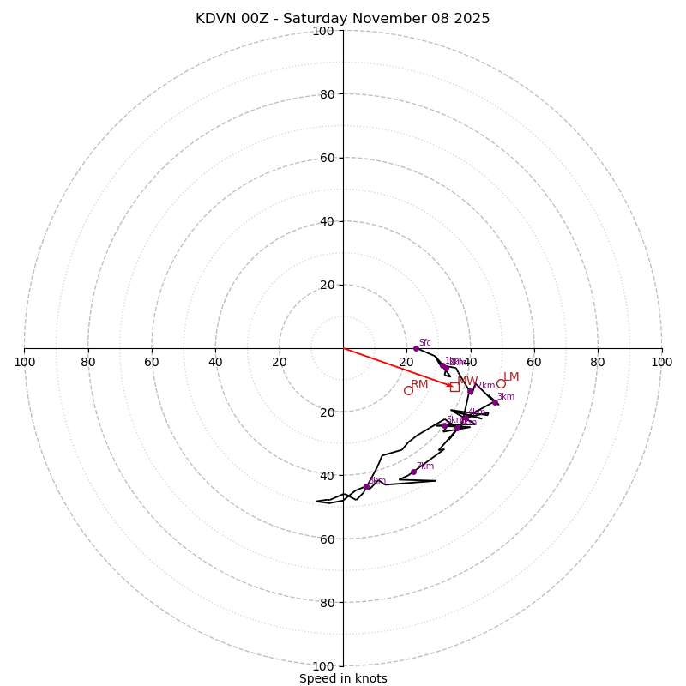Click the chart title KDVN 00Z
pos(342,19)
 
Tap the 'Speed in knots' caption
pos(343,678)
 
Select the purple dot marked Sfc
pos(416,348)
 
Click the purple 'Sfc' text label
pos(424,343)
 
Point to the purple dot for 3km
pos(494,402)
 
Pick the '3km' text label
pos(506,397)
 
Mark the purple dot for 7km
pos(413,472)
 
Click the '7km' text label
pos(425,466)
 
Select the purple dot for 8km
pos(366,486)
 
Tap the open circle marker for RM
pos(408,391)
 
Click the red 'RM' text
pos(419,385)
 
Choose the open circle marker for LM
pos(501,383)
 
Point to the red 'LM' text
pos(511,377)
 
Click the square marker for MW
pos(454,387)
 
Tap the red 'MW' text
pos(467,382)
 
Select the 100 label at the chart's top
pos(322,31)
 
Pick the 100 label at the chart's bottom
pos(322,665)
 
